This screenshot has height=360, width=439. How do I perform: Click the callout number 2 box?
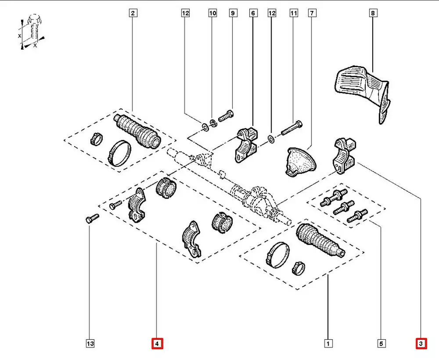[x=133, y=14]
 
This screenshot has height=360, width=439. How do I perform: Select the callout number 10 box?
[x=212, y=14]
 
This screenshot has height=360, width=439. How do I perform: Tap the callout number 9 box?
[x=233, y=14]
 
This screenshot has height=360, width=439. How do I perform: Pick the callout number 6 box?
[x=253, y=14]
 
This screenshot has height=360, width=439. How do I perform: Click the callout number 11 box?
[x=293, y=14]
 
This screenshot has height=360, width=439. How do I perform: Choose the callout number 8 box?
[x=373, y=14]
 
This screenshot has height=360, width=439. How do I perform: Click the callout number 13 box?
[x=90, y=343]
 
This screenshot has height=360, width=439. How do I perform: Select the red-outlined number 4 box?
[x=157, y=343]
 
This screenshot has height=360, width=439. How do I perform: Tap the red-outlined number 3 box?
[x=421, y=343]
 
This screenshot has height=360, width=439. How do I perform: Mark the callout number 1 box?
[x=327, y=343]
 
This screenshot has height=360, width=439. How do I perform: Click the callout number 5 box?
[x=381, y=343]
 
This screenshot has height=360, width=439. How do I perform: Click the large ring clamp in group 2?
[x=119, y=152]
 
